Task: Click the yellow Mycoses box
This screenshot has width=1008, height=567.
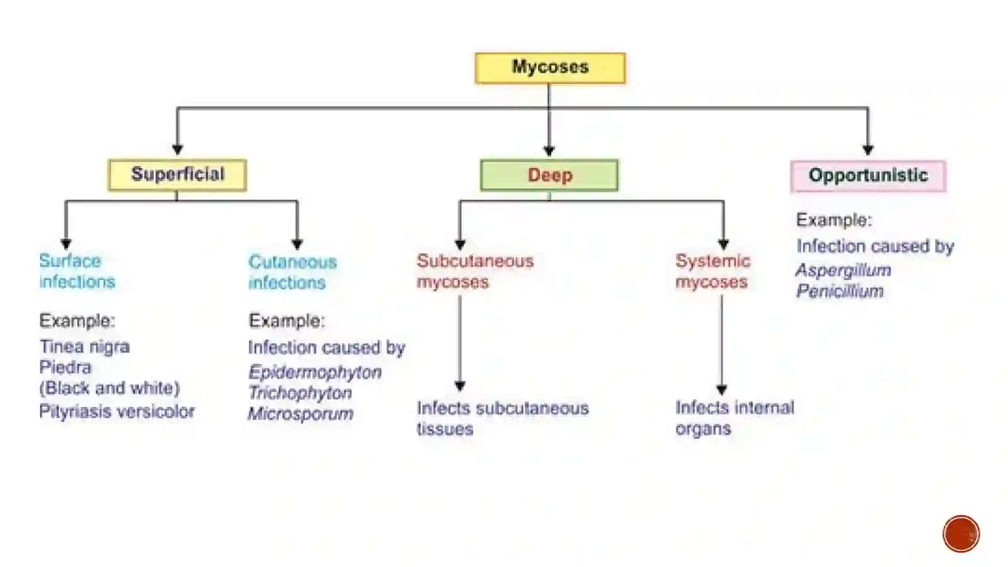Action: (550, 68)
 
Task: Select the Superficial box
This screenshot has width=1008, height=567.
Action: (177, 175)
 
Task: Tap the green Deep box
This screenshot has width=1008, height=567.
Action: (549, 175)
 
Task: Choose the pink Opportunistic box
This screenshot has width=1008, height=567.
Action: (868, 175)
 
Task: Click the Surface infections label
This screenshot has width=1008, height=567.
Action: (77, 271)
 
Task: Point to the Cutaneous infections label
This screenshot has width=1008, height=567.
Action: (292, 272)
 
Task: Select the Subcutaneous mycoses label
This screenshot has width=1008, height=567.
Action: (475, 271)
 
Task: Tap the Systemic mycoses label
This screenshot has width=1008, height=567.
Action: (713, 271)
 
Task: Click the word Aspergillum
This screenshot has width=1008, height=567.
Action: (844, 270)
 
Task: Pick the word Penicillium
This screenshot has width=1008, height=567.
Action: (840, 291)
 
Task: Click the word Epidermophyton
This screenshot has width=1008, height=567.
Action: (315, 373)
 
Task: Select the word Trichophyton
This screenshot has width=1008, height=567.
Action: (300, 393)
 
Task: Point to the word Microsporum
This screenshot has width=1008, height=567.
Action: (301, 414)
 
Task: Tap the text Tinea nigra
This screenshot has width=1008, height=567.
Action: (84, 347)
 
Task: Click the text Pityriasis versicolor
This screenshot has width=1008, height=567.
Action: (117, 411)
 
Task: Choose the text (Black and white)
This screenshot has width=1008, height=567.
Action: (110, 389)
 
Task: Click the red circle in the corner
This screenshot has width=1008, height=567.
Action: (961, 534)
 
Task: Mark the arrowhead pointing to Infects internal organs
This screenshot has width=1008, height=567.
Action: (722, 390)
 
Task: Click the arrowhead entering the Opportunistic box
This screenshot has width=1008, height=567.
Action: (868, 149)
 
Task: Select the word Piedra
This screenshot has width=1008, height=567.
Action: (66, 368)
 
